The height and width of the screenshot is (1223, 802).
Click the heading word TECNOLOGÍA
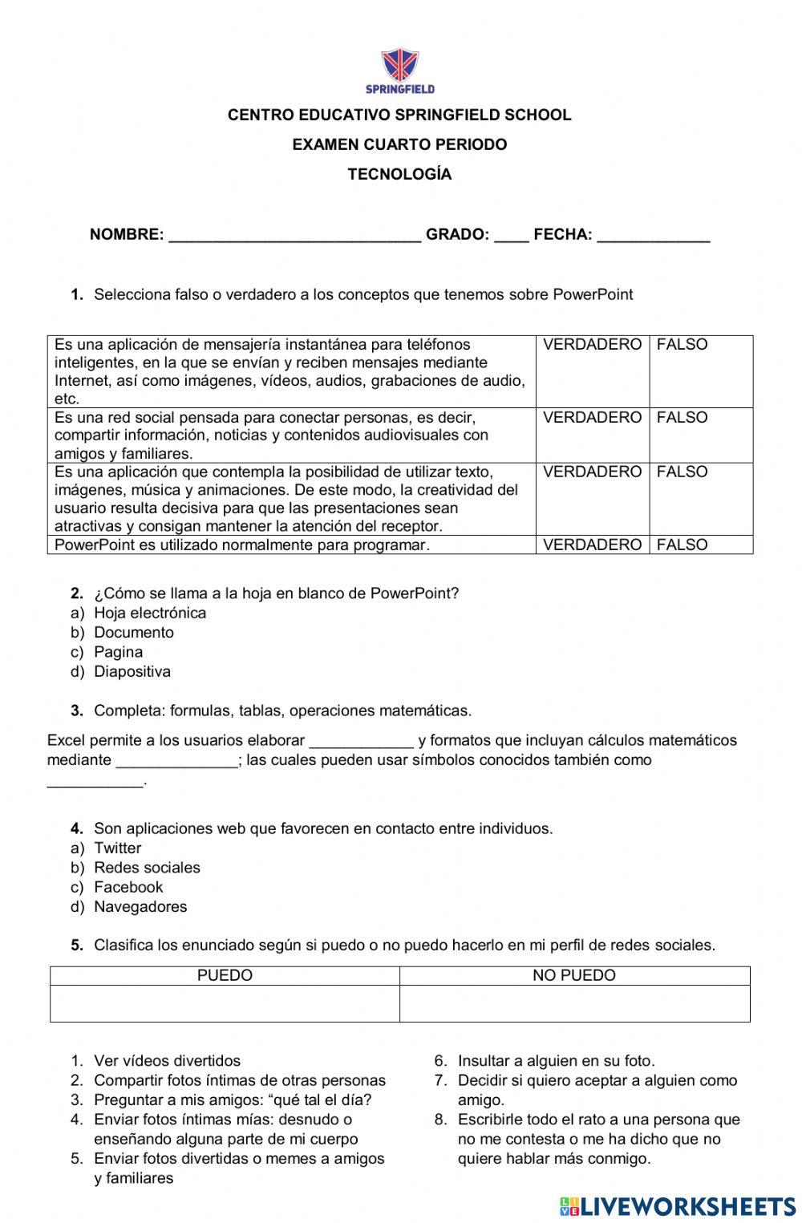(x=399, y=174)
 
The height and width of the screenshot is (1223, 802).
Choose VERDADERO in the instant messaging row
(x=592, y=345)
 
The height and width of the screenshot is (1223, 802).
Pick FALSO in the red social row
(x=682, y=418)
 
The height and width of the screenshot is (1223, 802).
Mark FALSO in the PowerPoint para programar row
(x=682, y=545)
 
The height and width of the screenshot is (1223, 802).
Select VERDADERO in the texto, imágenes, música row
(x=592, y=472)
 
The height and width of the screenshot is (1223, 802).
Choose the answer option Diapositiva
(x=132, y=671)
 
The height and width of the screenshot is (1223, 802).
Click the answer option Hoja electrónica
(x=150, y=613)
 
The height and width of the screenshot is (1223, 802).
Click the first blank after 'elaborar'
(x=361, y=741)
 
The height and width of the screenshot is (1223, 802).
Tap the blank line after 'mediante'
(x=177, y=760)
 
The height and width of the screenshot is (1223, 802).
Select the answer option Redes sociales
(x=147, y=868)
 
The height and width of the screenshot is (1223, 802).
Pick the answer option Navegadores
(x=140, y=907)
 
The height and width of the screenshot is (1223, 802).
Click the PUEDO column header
(x=225, y=975)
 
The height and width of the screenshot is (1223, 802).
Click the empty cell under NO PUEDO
(x=574, y=1003)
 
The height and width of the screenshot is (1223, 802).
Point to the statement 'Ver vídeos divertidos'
(x=167, y=1061)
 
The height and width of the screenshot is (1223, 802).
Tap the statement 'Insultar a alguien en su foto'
(x=556, y=1061)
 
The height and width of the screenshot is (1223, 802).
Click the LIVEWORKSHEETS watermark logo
(x=678, y=1206)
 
